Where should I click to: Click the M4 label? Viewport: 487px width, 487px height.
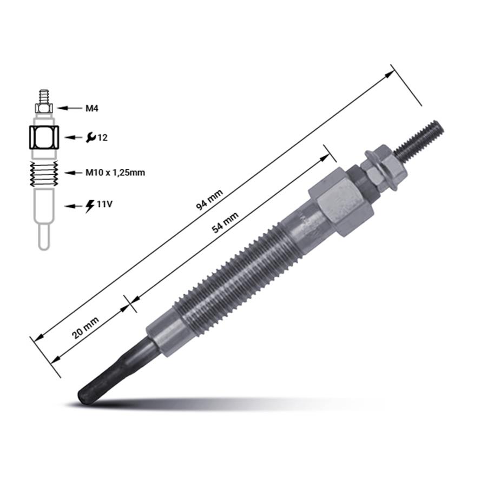click(92, 108)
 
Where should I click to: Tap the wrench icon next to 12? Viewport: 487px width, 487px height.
click(91, 137)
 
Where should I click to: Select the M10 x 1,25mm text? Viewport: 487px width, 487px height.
click(115, 173)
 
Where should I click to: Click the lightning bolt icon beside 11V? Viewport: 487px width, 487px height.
click(90, 206)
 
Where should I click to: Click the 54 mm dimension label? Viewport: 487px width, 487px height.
click(225, 222)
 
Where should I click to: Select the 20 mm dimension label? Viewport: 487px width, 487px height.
click(85, 327)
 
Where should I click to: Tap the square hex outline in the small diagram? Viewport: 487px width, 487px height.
click(43, 137)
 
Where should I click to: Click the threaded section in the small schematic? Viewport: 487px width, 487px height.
click(43, 173)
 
